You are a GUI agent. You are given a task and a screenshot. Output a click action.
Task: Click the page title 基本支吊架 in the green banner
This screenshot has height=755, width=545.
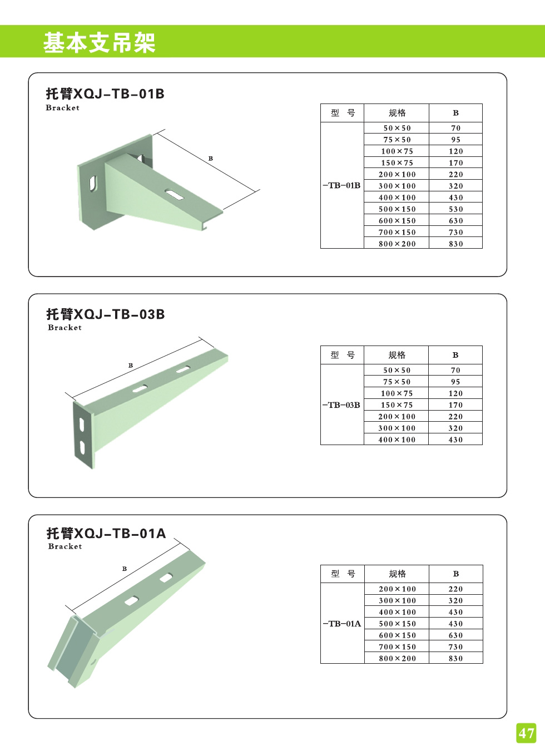click(x=99, y=43)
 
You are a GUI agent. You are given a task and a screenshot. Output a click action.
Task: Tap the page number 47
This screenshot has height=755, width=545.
click(x=526, y=733)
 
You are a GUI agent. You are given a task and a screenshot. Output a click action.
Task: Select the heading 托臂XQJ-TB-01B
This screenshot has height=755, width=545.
click(x=105, y=93)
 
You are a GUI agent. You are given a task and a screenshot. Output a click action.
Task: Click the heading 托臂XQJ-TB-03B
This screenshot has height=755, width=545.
click(x=105, y=314)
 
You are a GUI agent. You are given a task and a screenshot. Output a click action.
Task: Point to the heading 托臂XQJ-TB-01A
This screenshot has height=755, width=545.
click(x=106, y=534)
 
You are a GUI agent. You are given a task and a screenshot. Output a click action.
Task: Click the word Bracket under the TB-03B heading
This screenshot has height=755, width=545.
click(x=65, y=328)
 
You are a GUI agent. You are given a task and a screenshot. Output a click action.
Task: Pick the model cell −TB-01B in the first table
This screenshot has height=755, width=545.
click(x=341, y=185)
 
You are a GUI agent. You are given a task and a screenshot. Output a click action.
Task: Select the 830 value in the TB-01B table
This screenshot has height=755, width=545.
click(x=455, y=244)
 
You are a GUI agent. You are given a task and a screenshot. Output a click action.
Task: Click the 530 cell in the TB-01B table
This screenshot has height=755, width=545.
click(x=455, y=209)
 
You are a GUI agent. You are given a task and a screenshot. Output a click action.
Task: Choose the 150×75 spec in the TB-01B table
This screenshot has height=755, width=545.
click(x=397, y=163)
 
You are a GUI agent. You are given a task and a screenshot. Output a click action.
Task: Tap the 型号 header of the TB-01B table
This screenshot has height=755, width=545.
click(x=342, y=113)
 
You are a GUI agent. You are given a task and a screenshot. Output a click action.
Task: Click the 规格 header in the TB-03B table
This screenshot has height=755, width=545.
click(x=397, y=355)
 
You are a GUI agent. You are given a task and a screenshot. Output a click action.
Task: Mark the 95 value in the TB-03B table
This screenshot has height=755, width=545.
click(x=455, y=382)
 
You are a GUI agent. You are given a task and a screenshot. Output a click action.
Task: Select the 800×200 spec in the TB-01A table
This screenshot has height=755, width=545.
click(x=397, y=658)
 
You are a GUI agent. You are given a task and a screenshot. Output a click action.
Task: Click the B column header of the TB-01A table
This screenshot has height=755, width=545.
click(x=455, y=574)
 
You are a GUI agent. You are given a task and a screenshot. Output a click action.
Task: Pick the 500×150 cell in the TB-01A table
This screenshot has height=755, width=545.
click(x=397, y=624)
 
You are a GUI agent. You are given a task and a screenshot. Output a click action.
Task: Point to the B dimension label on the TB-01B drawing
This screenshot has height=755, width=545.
click(x=211, y=159)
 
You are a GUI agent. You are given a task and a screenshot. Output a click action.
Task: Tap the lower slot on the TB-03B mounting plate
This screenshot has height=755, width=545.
click(x=82, y=447)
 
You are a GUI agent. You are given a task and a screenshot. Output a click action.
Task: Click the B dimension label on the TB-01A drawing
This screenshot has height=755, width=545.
click(x=125, y=569)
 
